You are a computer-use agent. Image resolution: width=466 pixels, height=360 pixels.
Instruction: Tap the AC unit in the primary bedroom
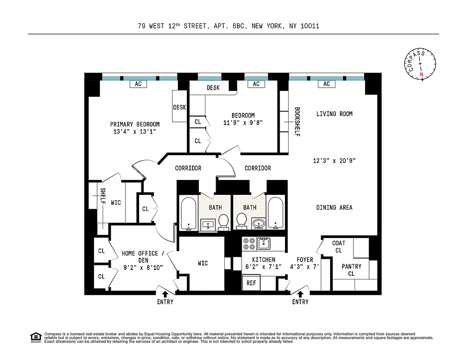coord(138,84)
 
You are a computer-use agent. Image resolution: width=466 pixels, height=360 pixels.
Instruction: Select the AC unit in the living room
coord(326,84)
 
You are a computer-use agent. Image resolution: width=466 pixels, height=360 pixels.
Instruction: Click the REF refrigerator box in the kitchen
coord(251,283)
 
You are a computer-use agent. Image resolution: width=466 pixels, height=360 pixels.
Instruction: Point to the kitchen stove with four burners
coord(249,243)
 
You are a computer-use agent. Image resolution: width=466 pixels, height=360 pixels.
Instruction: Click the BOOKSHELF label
coord(297,121)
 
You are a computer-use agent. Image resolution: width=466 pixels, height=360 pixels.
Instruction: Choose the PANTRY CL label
coord(351,270)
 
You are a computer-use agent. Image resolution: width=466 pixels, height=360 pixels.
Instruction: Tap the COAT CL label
coord(339,247)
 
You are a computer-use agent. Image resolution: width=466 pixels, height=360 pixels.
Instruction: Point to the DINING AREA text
coord(334,207)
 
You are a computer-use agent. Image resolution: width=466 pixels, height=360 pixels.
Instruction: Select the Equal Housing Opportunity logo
coord(35,337)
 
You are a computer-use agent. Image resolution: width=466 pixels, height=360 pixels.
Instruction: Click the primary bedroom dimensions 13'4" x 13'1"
coord(135,132)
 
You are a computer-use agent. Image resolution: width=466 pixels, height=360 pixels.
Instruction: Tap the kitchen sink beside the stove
coord(263,243)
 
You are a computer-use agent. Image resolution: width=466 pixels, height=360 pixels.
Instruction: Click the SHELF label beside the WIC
coord(103,197)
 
